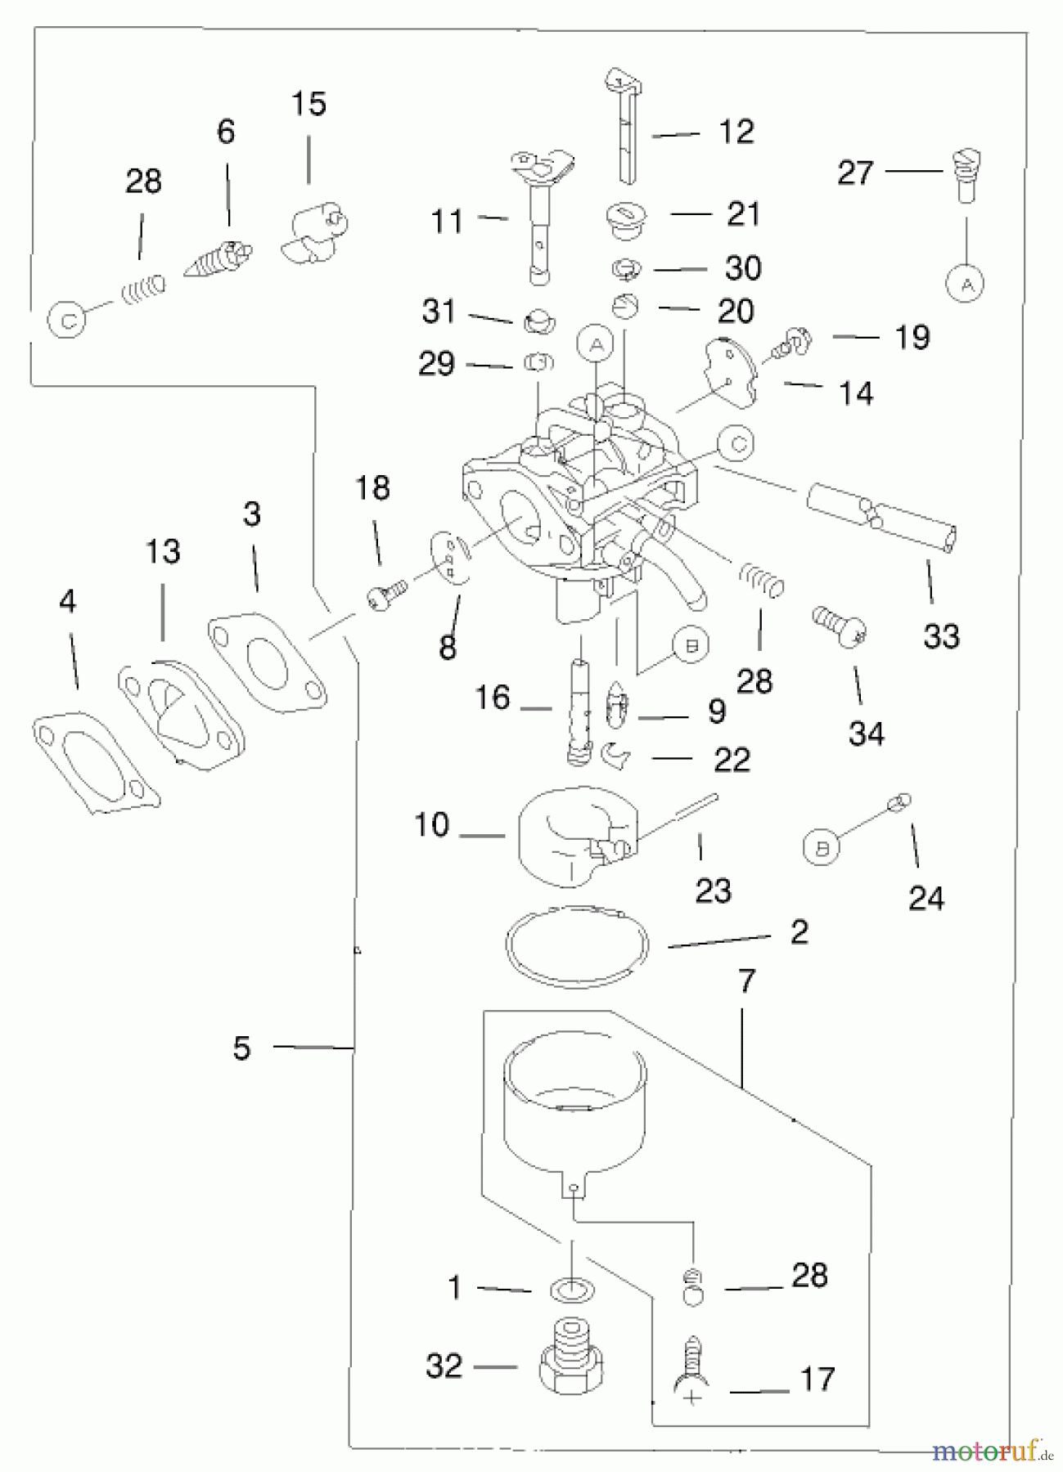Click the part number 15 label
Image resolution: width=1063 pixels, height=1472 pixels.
[309, 104]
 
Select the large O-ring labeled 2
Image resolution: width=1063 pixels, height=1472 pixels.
[577, 945]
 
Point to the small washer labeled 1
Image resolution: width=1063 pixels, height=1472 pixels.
[571, 1290]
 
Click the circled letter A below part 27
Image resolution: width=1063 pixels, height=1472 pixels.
[966, 284]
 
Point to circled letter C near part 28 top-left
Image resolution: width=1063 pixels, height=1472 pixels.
[68, 321]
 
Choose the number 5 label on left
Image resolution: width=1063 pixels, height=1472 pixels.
[241, 1048]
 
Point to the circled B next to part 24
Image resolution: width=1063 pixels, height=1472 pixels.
[822, 848]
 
